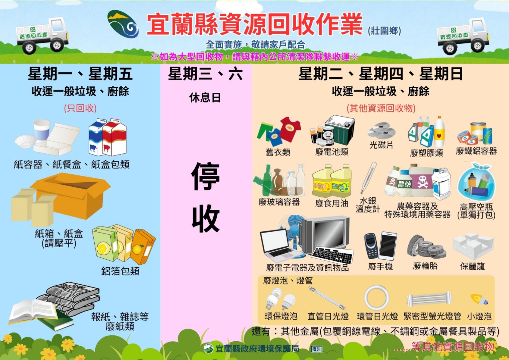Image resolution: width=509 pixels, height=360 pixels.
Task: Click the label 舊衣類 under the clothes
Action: pyautogui.click(x=278, y=152)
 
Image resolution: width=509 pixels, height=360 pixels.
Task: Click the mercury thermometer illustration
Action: pyautogui.click(x=369, y=178)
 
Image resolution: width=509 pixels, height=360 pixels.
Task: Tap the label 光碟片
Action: pyautogui.click(x=381, y=145)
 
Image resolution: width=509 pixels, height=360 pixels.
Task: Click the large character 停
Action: pyautogui.click(x=205, y=176)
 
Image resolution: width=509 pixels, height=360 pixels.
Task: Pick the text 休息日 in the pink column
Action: pyautogui.click(x=205, y=98)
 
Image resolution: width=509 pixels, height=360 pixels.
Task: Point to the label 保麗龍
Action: pyautogui.click(x=473, y=266)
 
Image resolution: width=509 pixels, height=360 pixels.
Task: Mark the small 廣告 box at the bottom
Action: pyautogui.click(x=316, y=349)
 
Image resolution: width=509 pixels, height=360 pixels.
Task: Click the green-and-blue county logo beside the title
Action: pyautogui.click(x=123, y=24)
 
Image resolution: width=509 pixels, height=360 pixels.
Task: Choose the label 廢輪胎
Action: pyautogui.click(x=425, y=266)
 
